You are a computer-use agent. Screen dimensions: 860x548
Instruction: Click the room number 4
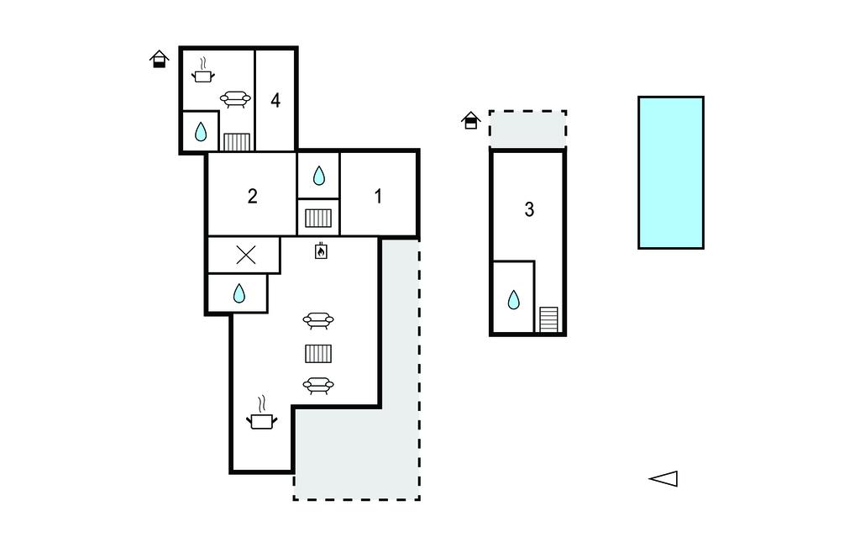pyautogui.click(x=275, y=101)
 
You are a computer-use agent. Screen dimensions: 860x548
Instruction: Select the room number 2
pyautogui.click(x=252, y=196)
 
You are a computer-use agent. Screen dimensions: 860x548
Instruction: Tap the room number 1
pyautogui.click(x=378, y=196)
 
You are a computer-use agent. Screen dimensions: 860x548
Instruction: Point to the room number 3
pyautogui.click(x=529, y=209)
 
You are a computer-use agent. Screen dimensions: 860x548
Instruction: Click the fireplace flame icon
pyautogui.click(x=321, y=251)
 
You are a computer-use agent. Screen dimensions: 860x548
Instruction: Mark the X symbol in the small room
pyautogui.click(x=246, y=255)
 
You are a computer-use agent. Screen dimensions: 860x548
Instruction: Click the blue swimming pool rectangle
pyautogui.click(x=671, y=172)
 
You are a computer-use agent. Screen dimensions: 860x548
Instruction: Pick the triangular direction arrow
pyautogui.click(x=663, y=479)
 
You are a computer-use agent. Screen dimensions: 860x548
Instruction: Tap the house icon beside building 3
pyautogui.click(x=470, y=120)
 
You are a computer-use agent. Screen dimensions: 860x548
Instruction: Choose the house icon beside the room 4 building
pyautogui.click(x=159, y=59)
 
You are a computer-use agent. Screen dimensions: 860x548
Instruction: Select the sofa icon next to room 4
pyautogui.click(x=235, y=99)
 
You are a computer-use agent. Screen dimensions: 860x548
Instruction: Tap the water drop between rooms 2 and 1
pyautogui.click(x=318, y=176)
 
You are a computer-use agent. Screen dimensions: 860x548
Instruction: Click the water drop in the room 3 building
pyautogui.click(x=513, y=300)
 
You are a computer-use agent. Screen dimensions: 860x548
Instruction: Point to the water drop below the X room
pyautogui.click(x=239, y=293)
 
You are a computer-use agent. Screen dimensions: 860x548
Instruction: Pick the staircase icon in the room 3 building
pyautogui.click(x=549, y=319)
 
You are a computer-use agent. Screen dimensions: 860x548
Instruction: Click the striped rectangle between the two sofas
pyautogui.click(x=318, y=354)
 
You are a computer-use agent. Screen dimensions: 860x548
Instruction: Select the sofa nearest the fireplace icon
pyautogui.click(x=318, y=321)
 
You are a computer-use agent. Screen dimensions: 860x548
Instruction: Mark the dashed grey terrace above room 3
pyautogui.click(x=527, y=129)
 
